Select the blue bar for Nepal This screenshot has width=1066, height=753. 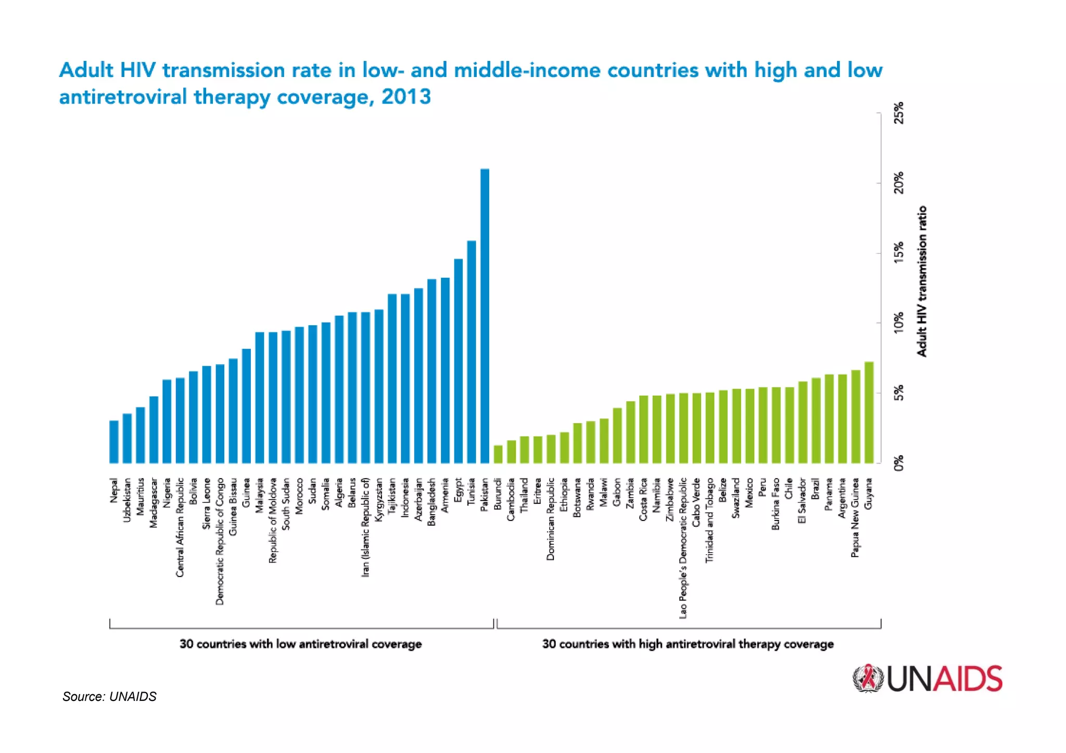[x=114, y=442]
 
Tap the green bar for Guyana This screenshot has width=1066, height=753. [x=869, y=413]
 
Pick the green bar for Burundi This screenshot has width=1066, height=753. [x=498, y=454]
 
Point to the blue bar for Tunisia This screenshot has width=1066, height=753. [x=471, y=352]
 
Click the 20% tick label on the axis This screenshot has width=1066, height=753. [x=899, y=183]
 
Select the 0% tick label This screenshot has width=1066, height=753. [x=899, y=463]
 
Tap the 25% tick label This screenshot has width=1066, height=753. [x=899, y=113]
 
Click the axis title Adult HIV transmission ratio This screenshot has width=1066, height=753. [x=922, y=281]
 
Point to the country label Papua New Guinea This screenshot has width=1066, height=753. [x=855, y=518]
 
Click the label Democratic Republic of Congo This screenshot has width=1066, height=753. [x=220, y=541]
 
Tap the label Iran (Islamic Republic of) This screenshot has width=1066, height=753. [x=365, y=527]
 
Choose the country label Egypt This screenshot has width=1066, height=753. [x=458, y=490]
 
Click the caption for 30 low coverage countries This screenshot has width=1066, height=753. [x=300, y=644]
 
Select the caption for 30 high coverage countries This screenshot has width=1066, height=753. [x=688, y=644]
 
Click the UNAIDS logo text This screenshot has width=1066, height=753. [x=944, y=679]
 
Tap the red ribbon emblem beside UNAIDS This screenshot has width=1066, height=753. [x=868, y=678]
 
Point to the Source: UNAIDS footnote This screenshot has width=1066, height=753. [x=109, y=696]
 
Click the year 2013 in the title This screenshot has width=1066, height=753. [x=406, y=97]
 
